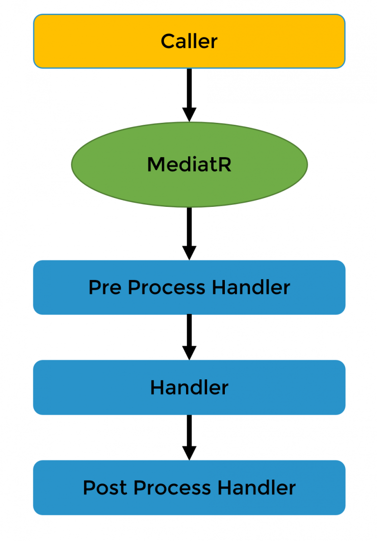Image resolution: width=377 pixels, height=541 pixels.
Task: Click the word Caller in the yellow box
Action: (189, 41)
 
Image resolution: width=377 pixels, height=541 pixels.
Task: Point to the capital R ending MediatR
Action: (224, 165)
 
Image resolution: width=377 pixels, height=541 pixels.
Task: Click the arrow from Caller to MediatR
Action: (189, 91)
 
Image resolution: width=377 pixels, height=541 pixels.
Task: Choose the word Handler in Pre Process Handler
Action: (251, 287)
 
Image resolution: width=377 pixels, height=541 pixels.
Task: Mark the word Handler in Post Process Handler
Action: (256, 488)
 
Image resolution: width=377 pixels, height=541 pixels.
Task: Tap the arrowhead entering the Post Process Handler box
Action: (189, 453)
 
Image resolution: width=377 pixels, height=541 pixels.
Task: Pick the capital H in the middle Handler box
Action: (157, 388)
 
